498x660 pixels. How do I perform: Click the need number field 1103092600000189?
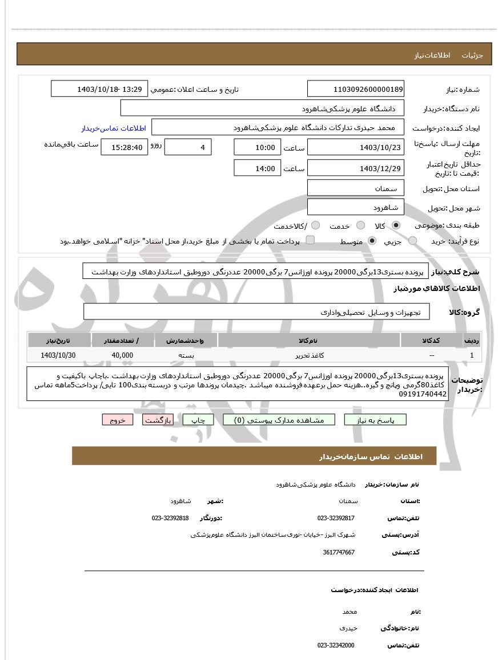click(355, 89)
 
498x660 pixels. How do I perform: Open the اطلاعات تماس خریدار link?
click(114, 128)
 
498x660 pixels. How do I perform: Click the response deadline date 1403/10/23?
click(355, 147)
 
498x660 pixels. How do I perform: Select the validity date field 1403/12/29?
click(355, 168)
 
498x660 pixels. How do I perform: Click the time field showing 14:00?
click(257, 168)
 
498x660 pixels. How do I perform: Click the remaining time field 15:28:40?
click(124, 147)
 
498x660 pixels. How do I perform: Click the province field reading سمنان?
click(355, 188)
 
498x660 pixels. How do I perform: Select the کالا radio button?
click(396, 225)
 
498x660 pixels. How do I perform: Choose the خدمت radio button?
click(360, 225)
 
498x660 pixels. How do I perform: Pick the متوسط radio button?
click(372, 241)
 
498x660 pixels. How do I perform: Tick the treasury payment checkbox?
click(310, 240)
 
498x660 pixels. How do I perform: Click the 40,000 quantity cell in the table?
click(122, 355)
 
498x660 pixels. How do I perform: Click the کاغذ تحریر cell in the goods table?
click(309, 355)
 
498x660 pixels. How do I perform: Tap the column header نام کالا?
click(309, 341)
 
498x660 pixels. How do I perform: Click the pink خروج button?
click(118, 420)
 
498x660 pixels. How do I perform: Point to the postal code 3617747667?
click(339, 552)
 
